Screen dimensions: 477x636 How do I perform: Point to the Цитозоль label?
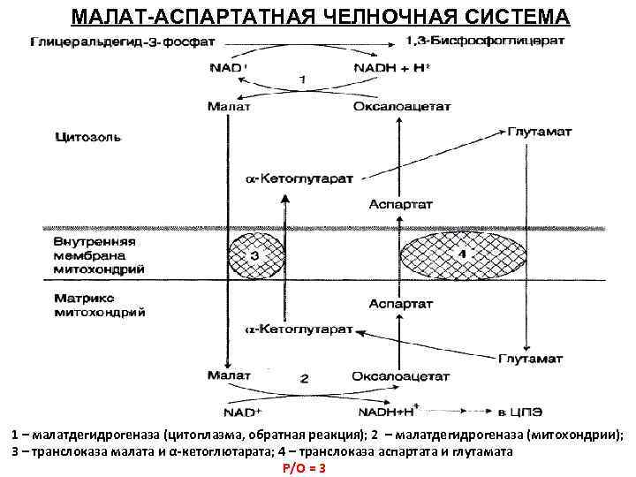click(x=88, y=138)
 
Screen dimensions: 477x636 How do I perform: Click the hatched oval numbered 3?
click(x=256, y=255)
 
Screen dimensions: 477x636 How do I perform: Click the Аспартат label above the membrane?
click(x=401, y=204)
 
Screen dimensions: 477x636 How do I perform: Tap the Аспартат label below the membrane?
click(x=401, y=303)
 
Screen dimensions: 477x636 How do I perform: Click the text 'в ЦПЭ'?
click(x=516, y=410)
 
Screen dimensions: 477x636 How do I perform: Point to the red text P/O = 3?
click(x=305, y=467)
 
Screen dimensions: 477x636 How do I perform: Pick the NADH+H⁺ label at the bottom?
click(x=385, y=410)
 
